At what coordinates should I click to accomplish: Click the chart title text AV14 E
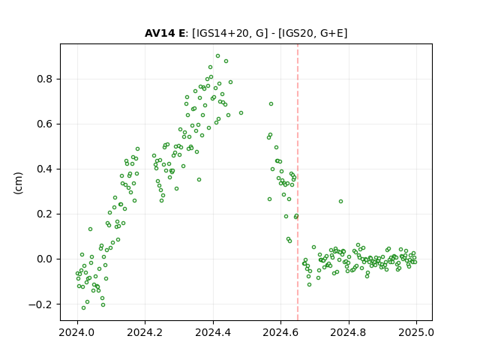pyautogui.click(x=165, y=33)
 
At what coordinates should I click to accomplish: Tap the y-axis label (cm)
pyautogui.click(x=18, y=183)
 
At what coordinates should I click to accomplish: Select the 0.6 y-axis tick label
pyautogui.click(x=45, y=124)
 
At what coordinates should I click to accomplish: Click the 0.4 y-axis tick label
pyautogui.click(x=45, y=169)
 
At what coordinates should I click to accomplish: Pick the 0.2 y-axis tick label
pyautogui.click(x=45, y=214)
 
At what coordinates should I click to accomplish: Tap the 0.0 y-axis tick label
pyautogui.click(x=45, y=259)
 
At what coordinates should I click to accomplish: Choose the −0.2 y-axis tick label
pyautogui.click(x=40, y=304)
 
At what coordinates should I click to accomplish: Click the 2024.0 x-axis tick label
pyautogui.click(x=77, y=332)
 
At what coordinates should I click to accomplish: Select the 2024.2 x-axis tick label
pyautogui.click(x=145, y=332)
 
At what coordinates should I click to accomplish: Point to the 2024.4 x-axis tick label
pyautogui.click(x=213, y=332)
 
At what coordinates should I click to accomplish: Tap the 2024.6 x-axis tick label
pyautogui.click(x=280, y=332)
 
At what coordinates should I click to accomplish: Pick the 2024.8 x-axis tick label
pyautogui.click(x=349, y=332)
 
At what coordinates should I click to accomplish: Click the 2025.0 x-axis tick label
pyautogui.click(x=416, y=332)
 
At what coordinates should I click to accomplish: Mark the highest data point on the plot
pyautogui.click(x=217, y=56)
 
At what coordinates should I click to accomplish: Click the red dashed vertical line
pyautogui.click(x=298, y=182)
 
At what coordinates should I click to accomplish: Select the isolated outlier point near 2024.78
pyautogui.click(x=340, y=202)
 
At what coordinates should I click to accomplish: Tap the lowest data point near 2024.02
pyautogui.click(x=83, y=308)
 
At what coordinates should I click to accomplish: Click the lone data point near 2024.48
pyautogui.click(x=241, y=113)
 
